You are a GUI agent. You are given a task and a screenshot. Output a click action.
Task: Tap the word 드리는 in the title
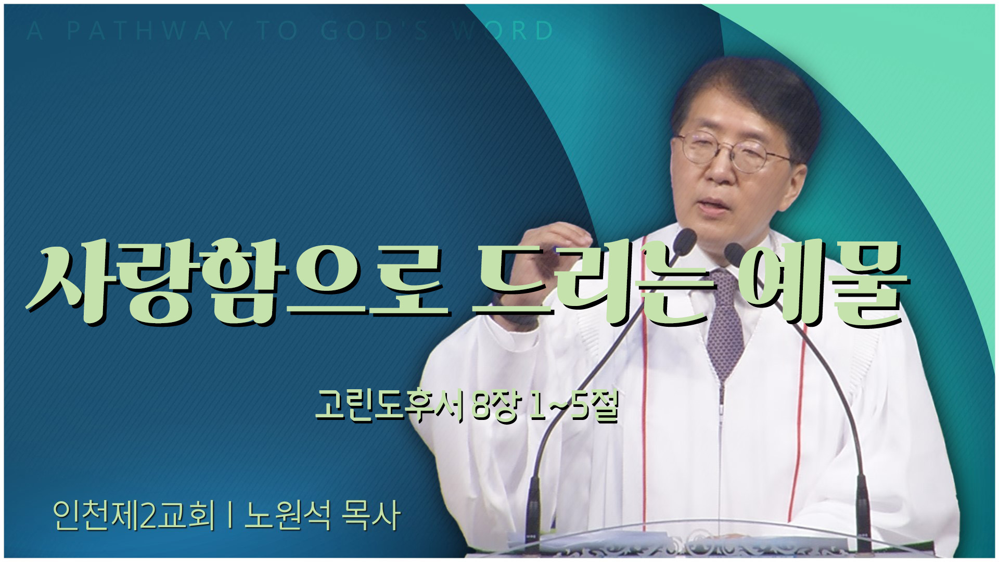(x=591, y=283)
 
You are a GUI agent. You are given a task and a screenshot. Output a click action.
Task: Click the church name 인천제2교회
(x=133, y=516)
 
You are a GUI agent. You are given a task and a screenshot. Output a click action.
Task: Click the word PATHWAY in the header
(x=151, y=31)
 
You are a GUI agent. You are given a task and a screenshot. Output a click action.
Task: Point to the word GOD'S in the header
(x=375, y=31)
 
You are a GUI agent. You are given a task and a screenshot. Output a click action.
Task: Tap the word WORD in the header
(x=503, y=31)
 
